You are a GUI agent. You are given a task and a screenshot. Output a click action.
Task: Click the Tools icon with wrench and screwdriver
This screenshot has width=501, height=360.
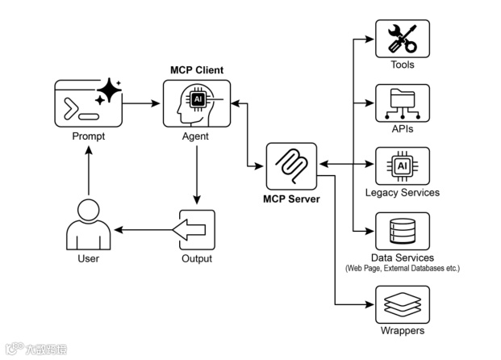tap(403, 39)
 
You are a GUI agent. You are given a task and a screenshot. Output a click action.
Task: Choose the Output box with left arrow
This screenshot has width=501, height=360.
tap(195, 230)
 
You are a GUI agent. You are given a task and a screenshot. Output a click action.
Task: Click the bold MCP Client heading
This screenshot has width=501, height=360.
tap(197, 70)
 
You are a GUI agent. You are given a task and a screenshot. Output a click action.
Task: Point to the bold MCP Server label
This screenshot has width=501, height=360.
tap(291, 199)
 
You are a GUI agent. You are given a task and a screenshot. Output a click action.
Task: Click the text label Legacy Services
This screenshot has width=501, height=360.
tap(403, 193)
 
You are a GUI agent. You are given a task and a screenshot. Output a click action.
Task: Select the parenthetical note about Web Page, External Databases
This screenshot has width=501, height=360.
tap(403, 267)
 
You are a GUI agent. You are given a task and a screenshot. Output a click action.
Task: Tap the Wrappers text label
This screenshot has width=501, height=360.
tap(403, 331)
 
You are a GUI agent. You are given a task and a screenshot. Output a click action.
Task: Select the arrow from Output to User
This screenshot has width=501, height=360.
tap(144, 230)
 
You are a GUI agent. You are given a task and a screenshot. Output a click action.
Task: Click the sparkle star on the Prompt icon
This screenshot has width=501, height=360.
tap(107, 92)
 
